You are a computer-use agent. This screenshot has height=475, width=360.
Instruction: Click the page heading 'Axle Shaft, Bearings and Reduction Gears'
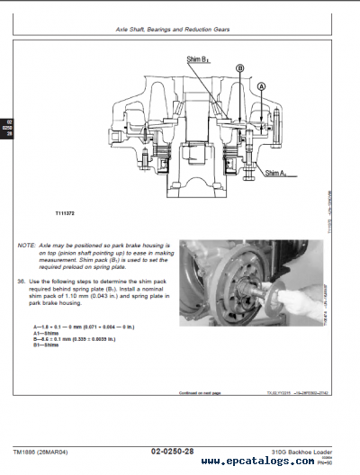click(173, 30)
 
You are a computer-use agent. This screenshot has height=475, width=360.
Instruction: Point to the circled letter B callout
click(239, 68)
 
